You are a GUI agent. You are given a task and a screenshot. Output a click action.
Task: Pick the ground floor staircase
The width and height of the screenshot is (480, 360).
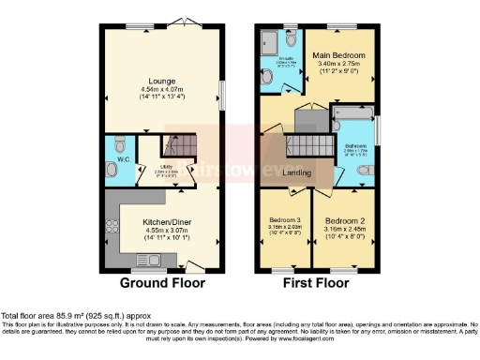pos(175,148)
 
